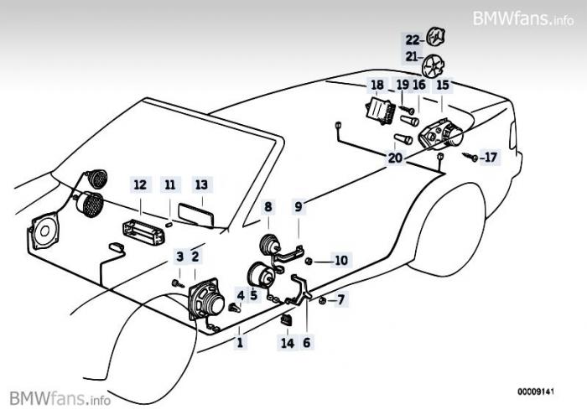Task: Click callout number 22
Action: pyautogui.click(x=412, y=39)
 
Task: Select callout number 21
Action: pyautogui.click(x=412, y=57)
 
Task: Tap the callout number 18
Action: pyautogui.click(x=377, y=85)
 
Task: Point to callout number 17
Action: pyautogui.click(x=490, y=157)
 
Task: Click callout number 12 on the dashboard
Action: pyautogui.click(x=140, y=184)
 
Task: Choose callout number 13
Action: pyautogui.click(x=200, y=184)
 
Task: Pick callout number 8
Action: pyautogui.click(x=268, y=206)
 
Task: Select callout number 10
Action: pyautogui.click(x=340, y=260)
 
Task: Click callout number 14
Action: pyautogui.click(x=288, y=342)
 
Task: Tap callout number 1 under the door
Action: pyautogui.click(x=240, y=342)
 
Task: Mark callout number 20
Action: pyautogui.click(x=395, y=157)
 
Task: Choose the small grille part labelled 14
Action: pyautogui.click(x=286, y=320)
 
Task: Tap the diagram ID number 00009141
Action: pyautogui.click(x=536, y=391)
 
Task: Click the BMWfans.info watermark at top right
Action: pyautogui.click(x=522, y=18)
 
